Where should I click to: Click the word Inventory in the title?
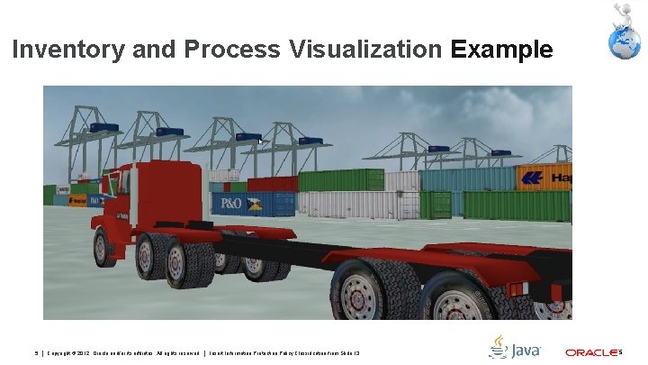(x=67, y=49)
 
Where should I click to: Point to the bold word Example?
(x=502, y=49)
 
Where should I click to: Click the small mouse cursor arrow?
(x=260, y=142)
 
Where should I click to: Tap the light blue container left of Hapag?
(x=467, y=178)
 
